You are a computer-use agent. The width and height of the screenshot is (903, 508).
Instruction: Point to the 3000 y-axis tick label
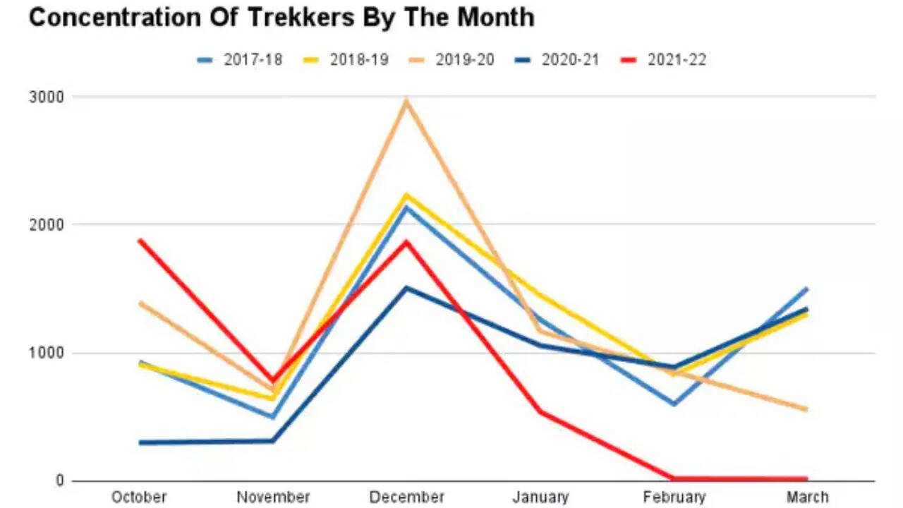(46, 97)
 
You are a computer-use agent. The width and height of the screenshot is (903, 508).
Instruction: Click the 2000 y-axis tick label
(46, 224)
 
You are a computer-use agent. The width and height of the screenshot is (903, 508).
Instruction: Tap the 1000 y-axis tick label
(46, 353)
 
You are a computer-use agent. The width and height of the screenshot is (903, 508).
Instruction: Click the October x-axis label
(139, 497)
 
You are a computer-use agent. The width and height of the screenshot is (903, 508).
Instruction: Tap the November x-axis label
(272, 497)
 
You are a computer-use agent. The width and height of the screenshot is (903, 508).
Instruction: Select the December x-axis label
(406, 497)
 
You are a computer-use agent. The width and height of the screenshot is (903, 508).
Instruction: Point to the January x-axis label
(540, 497)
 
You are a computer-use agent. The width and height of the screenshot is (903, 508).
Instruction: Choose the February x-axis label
(674, 497)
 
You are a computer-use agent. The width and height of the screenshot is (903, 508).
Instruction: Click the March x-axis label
(808, 497)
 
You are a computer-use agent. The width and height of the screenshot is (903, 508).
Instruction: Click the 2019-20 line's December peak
(406, 101)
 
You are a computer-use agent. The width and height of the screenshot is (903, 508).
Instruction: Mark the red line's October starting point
(140, 241)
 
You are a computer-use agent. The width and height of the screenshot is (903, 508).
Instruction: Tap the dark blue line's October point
(140, 442)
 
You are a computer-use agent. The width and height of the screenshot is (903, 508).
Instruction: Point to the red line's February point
(674, 478)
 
